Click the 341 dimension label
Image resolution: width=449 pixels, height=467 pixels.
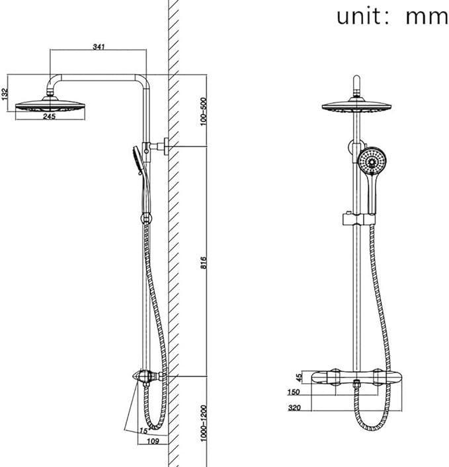pos(98,47)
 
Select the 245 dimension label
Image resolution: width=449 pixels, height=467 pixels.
pos(50,116)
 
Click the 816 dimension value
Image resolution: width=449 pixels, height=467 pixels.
pos(204,262)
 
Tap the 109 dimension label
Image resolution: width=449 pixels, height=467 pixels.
pos(151,440)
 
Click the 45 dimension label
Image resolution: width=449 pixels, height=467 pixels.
pos(298,378)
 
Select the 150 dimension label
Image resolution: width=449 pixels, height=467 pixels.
pos(295,392)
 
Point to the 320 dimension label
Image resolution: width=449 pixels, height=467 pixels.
pos(295,408)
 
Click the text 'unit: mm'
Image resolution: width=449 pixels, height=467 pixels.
pos(391,16)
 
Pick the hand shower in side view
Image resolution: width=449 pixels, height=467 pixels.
pos(135,161)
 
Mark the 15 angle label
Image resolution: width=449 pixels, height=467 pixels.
pos(143,431)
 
